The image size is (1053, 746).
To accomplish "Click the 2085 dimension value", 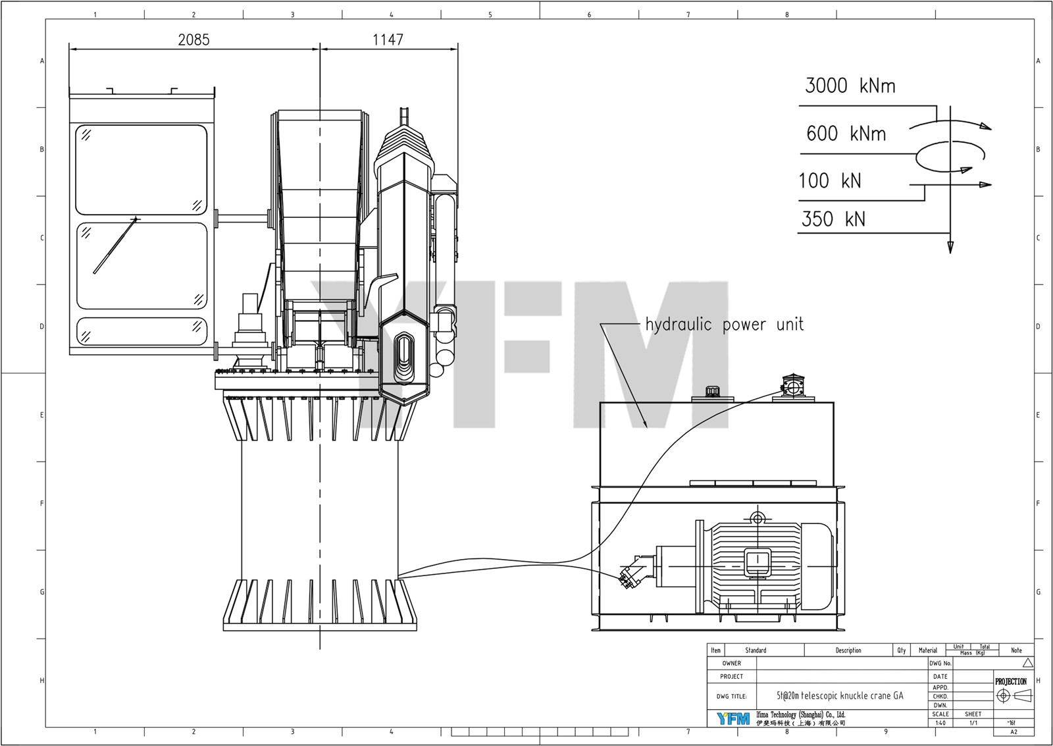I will tap(193, 40).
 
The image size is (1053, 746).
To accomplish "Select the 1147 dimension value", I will tap(388, 40).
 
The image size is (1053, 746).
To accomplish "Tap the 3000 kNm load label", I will tap(850, 86).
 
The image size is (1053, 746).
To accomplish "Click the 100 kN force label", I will tap(829, 181).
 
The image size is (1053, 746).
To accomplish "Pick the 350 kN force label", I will tap(833, 219).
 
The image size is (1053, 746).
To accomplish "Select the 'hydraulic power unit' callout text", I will tap(724, 325).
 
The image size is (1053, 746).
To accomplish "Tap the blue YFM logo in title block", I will tap(732, 718).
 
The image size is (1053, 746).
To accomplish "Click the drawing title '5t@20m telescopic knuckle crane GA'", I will tap(839, 695).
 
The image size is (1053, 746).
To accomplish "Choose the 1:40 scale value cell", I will tap(940, 723).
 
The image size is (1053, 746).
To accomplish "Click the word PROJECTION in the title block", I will tap(1010, 681).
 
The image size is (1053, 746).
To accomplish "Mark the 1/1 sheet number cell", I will tap(973, 723).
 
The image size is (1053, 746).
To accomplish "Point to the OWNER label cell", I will tap(731, 663).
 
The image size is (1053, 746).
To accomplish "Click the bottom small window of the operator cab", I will tap(141, 331).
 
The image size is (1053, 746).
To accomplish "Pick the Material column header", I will tap(927, 651).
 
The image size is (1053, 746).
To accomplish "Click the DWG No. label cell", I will tap(940, 663).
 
